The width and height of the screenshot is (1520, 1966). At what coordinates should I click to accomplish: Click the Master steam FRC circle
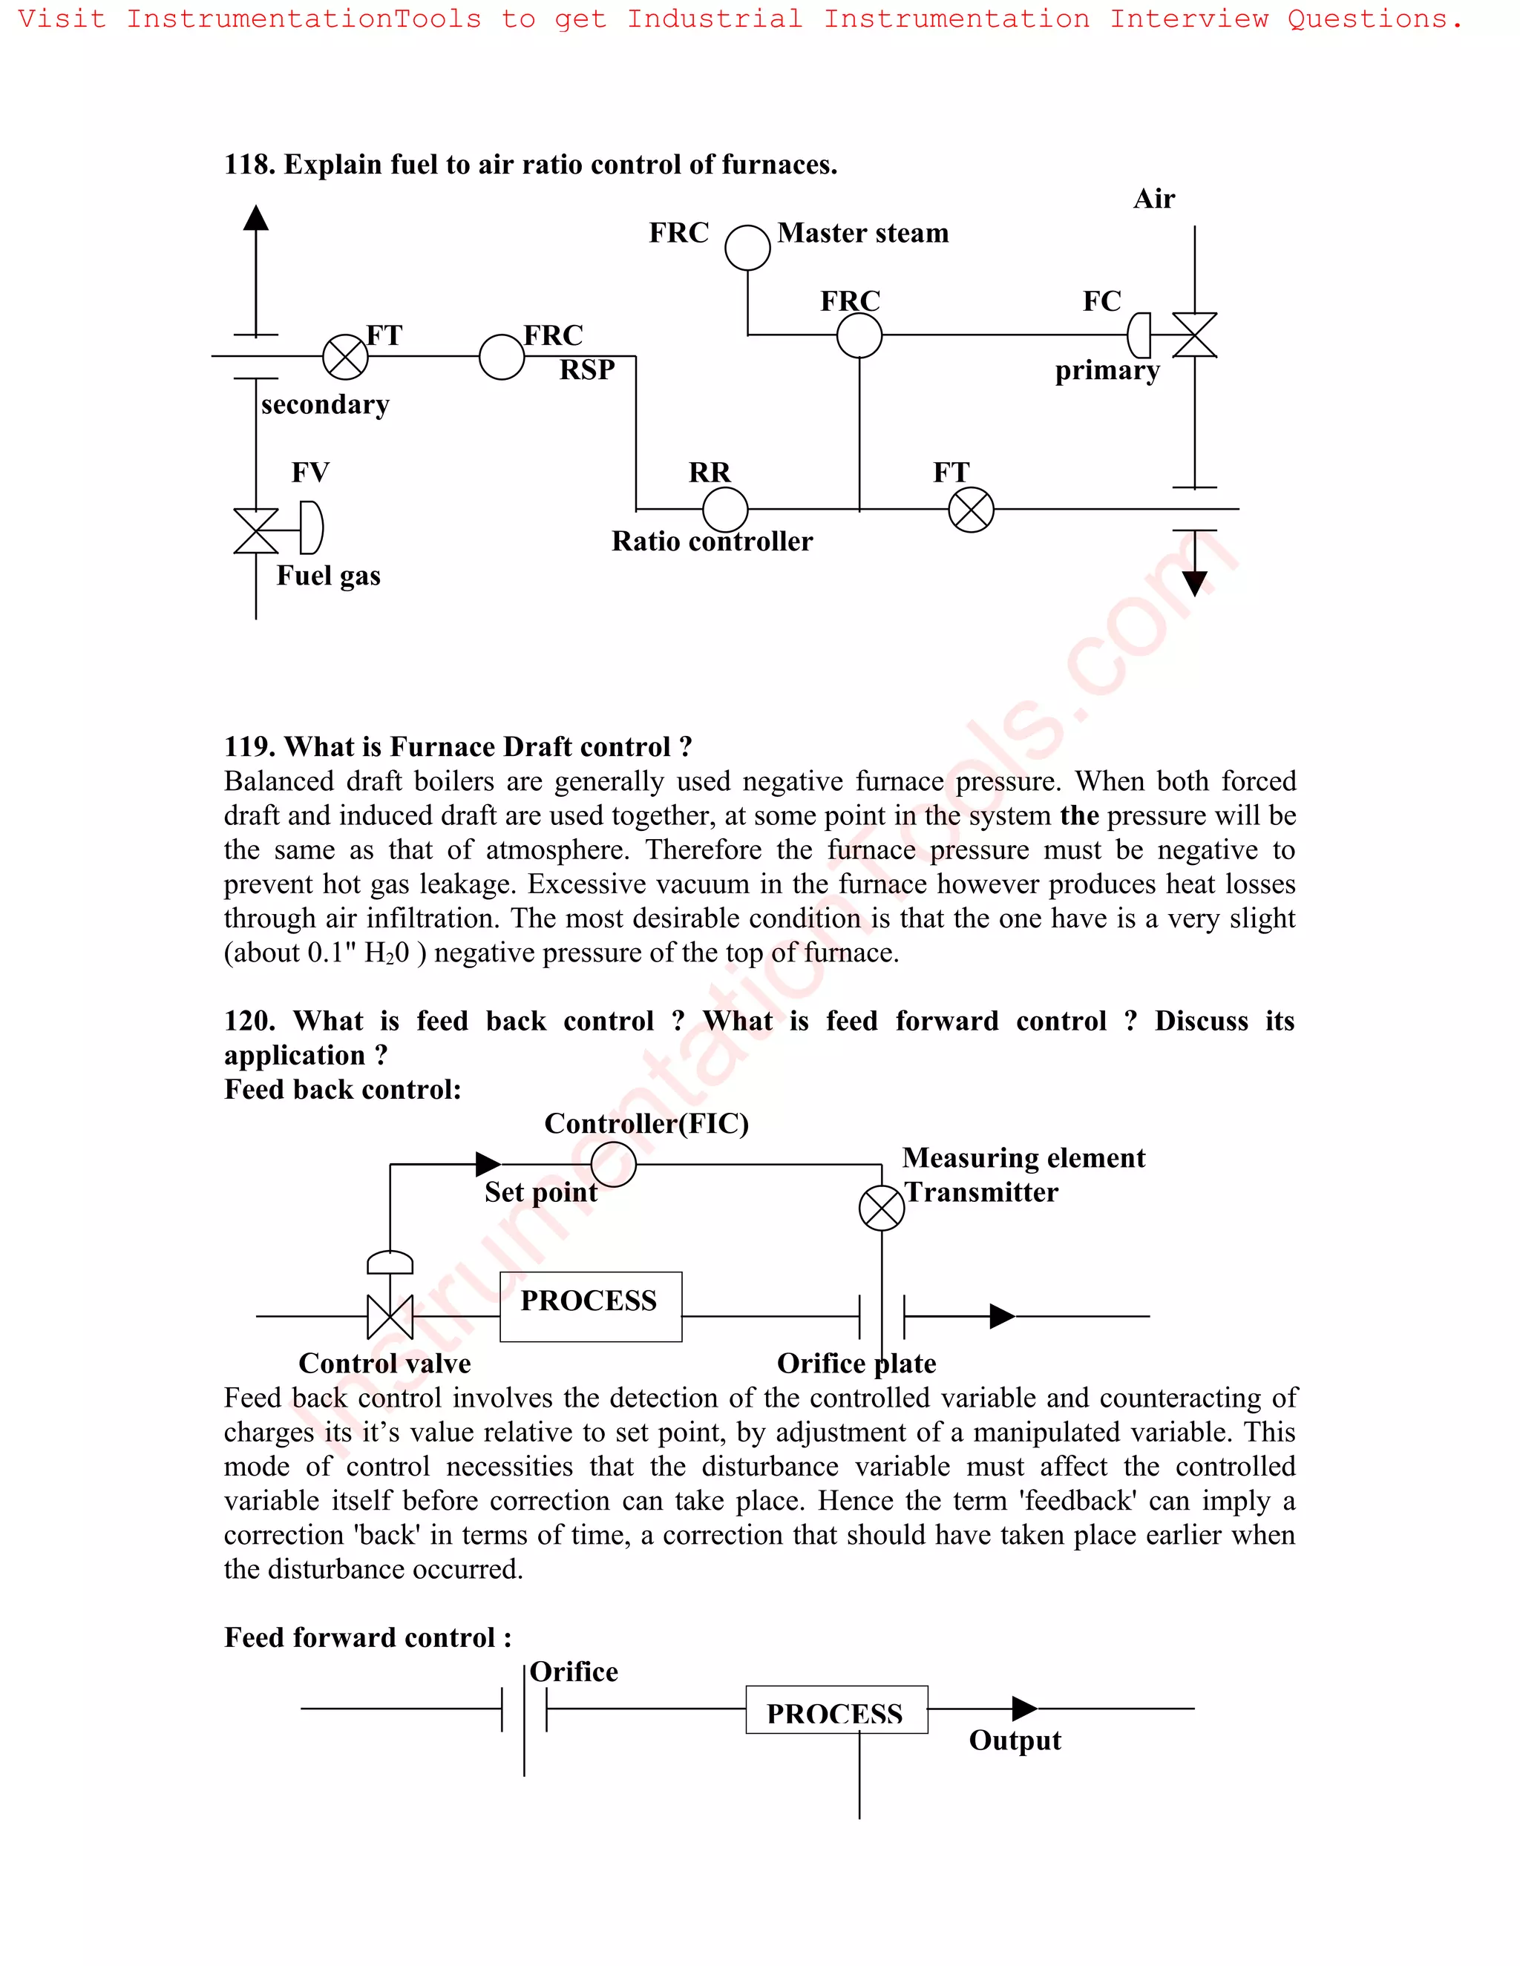747,248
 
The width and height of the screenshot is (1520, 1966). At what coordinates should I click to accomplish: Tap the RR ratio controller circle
725,510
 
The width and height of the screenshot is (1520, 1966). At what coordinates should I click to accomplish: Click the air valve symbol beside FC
1194,335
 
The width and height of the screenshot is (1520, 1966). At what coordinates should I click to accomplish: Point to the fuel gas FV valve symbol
257,530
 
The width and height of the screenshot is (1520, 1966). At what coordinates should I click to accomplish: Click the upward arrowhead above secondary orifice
257,218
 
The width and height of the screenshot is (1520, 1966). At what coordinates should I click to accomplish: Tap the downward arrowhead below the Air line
1194,583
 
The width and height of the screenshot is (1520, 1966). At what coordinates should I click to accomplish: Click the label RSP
586,370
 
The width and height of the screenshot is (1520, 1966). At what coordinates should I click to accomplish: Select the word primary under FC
1107,371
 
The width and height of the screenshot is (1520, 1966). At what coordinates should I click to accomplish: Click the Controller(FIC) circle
613,1164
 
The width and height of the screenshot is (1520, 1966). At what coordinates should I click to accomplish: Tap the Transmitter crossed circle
882,1208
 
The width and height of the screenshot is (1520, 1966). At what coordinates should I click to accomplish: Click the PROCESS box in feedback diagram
590,1306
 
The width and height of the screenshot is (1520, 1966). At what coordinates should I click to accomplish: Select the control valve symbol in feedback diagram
390,1317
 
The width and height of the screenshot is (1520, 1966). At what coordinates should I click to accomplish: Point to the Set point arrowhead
488,1164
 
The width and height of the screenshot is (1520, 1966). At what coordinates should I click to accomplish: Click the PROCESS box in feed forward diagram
836,1709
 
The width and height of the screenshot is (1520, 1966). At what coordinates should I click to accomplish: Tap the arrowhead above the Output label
1023,1708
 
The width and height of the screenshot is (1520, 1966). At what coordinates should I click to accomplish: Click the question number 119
249,746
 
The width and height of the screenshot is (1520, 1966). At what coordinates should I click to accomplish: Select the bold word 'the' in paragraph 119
1078,815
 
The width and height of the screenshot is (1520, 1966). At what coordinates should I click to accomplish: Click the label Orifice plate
856,1364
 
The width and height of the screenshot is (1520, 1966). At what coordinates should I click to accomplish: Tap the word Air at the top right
1153,198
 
